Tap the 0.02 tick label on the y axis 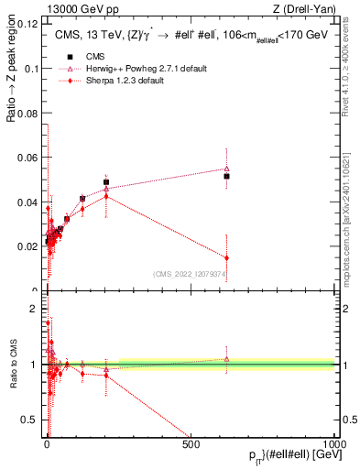tap(29, 246)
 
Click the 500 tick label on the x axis tap(191, 445)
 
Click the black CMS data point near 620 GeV tap(226, 176)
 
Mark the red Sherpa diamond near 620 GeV tap(226, 257)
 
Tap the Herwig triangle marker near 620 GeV tap(226, 169)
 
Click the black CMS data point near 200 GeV tap(106, 182)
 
